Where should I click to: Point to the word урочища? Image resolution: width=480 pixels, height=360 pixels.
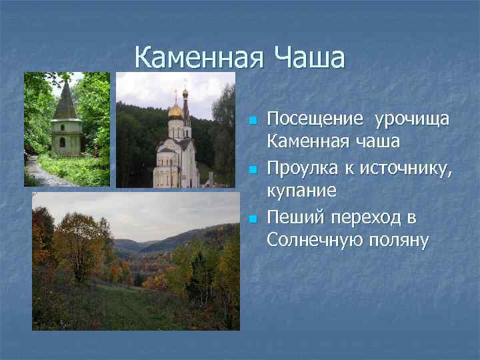(412, 119)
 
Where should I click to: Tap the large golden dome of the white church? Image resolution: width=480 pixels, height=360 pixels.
(176, 110)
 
